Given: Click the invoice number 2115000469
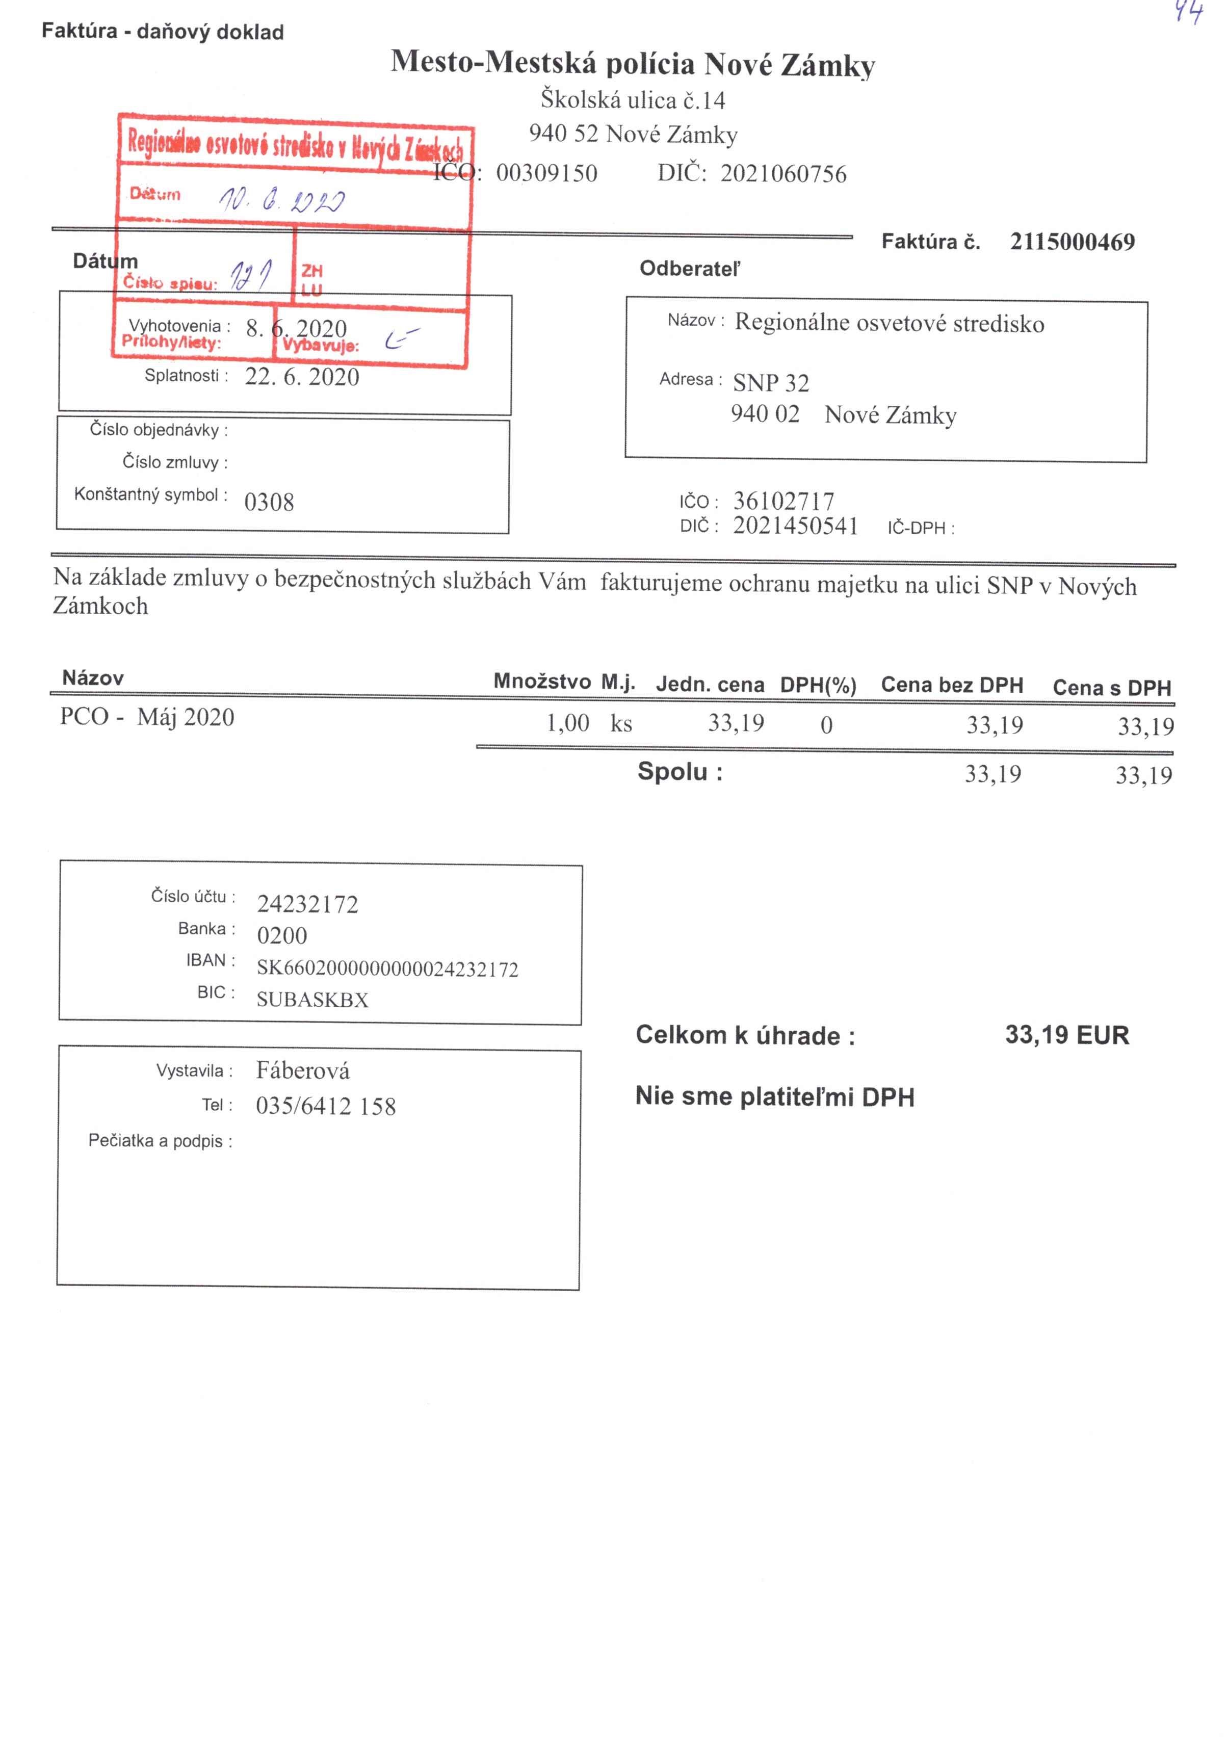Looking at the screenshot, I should (1072, 242).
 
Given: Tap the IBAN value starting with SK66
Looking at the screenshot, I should (387, 969).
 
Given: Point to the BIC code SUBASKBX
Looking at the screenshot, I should (312, 1000).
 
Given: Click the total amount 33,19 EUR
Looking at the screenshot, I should (1066, 1035).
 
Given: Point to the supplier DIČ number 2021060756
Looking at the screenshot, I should (783, 174).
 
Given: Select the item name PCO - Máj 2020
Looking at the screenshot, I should (147, 717).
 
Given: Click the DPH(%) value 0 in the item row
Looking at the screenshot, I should (826, 725).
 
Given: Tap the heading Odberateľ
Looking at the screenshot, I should (689, 269).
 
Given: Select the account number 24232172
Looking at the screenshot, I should (307, 904).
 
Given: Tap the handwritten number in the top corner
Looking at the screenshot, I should (1188, 13).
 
